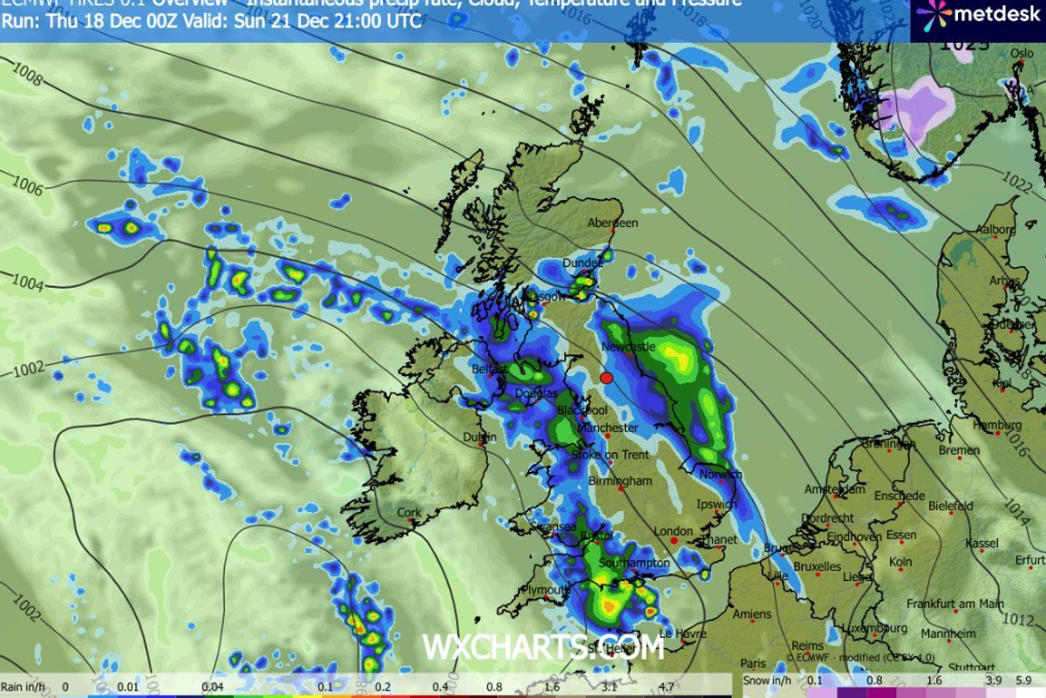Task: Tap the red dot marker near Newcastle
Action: (608, 378)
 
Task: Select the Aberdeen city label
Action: (614, 223)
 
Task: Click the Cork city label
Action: (409, 513)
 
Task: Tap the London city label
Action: (672, 531)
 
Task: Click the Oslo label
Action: (1021, 53)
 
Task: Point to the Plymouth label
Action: (543, 591)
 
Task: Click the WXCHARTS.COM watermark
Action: (543, 647)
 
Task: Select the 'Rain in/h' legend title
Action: (23, 687)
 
